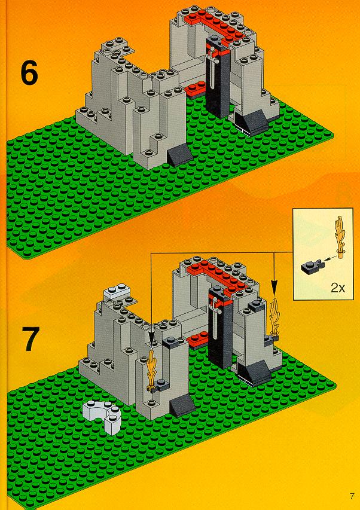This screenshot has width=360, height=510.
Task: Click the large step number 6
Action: [29, 74]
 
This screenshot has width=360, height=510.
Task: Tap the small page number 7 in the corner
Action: [352, 496]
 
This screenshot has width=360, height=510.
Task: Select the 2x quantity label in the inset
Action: [338, 288]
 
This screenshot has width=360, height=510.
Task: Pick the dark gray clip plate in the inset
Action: [310, 267]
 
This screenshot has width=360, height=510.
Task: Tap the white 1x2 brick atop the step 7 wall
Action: [117, 290]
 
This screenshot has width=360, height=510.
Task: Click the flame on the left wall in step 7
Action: [152, 370]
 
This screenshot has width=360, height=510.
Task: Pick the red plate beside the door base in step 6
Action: [194, 88]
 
